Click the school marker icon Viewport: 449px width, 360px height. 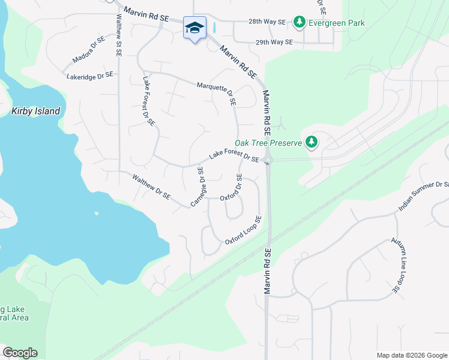point(194,28)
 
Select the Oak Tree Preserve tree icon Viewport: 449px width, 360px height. point(311,142)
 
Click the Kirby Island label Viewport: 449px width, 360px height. point(36,111)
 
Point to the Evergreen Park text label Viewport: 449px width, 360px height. point(337,23)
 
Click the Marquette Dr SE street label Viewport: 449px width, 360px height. point(217,94)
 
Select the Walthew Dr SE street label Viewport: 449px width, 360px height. point(151,187)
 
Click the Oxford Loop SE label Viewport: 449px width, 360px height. point(243,230)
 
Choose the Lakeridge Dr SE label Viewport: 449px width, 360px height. point(90,76)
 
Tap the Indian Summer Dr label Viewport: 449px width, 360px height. point(423,196)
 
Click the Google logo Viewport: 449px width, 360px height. point(20,353)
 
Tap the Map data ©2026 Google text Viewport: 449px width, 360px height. point(411,355)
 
